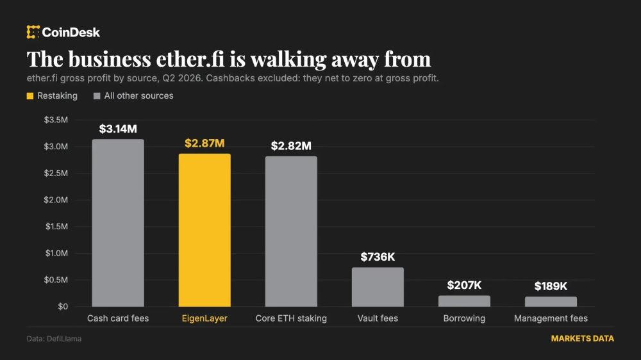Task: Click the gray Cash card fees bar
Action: (118, 223)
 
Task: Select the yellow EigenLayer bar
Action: (204, 230)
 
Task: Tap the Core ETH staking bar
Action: (291, 231)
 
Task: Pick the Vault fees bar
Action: (378, 287)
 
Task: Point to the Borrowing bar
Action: (464, 301)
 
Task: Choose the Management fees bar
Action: (551, 302)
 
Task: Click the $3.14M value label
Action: (118, 129)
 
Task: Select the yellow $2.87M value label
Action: (204, 143)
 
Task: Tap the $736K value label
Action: (378, 257)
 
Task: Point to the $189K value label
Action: (551, 286)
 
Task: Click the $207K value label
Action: (464, 285)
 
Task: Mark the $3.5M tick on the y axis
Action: (56, 120)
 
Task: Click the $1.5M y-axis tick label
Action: (56, 226)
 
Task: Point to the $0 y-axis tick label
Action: (63, 306)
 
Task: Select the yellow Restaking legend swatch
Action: (30, 96)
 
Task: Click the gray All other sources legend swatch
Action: (97, 96)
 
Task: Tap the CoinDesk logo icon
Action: (33, 32)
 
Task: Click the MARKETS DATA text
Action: (583, 339)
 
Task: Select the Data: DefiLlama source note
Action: (54, 339)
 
